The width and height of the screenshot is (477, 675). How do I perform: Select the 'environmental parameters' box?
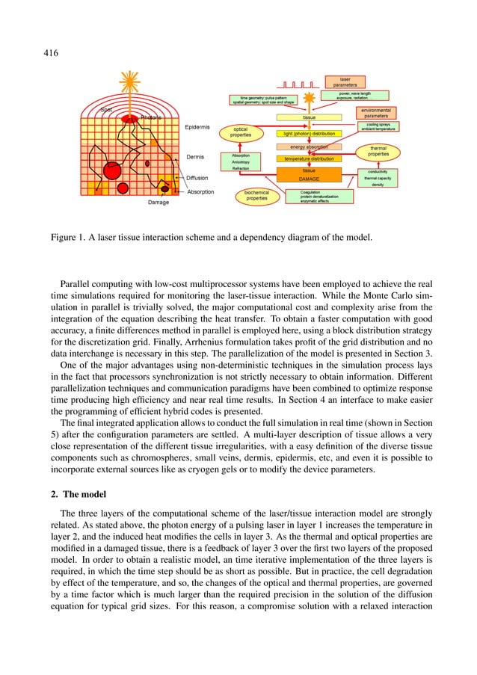click(x=375, y=113)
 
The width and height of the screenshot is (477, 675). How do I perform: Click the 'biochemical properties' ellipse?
click(x=256, y=197)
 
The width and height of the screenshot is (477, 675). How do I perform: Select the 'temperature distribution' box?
click(x=308, y=159)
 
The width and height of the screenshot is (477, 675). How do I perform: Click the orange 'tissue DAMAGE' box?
click(x=308, y=175)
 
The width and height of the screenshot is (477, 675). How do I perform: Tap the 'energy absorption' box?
click(x=308, y=147)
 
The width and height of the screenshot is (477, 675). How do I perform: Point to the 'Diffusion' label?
click(x=197, y=178)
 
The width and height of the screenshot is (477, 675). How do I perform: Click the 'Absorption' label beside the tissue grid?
click(x=200, y=192)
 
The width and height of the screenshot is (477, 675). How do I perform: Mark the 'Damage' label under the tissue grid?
click(x=158, y=203)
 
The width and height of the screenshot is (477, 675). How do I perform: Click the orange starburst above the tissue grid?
click(x=133, y=79)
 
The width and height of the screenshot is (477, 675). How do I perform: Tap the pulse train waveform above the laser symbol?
click(x=297, y=84)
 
